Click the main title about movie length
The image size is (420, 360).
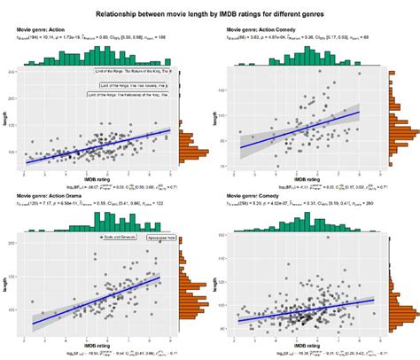click(x=210, y=14)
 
